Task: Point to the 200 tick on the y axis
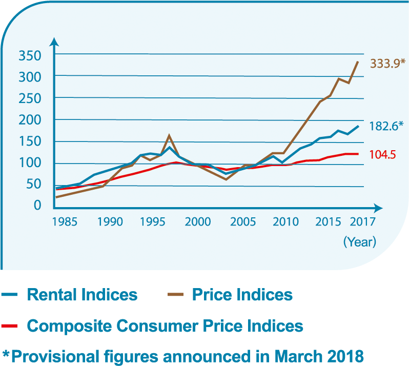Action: tap(29, 120)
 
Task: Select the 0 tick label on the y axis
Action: tap(37, 205)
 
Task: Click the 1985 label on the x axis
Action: tap(65, 222)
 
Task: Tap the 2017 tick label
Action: tap(363, 222)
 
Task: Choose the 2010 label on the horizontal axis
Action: tap(285, 222)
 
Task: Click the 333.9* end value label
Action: tap(387, 64)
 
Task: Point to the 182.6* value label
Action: tap(386, 125)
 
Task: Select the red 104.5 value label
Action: tap(383, 154)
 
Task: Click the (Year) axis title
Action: tap(360, 241)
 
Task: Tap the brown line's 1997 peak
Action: tap(169, 136)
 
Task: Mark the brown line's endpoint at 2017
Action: tap(358, 62)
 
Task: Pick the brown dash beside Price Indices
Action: tap(175, 295)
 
